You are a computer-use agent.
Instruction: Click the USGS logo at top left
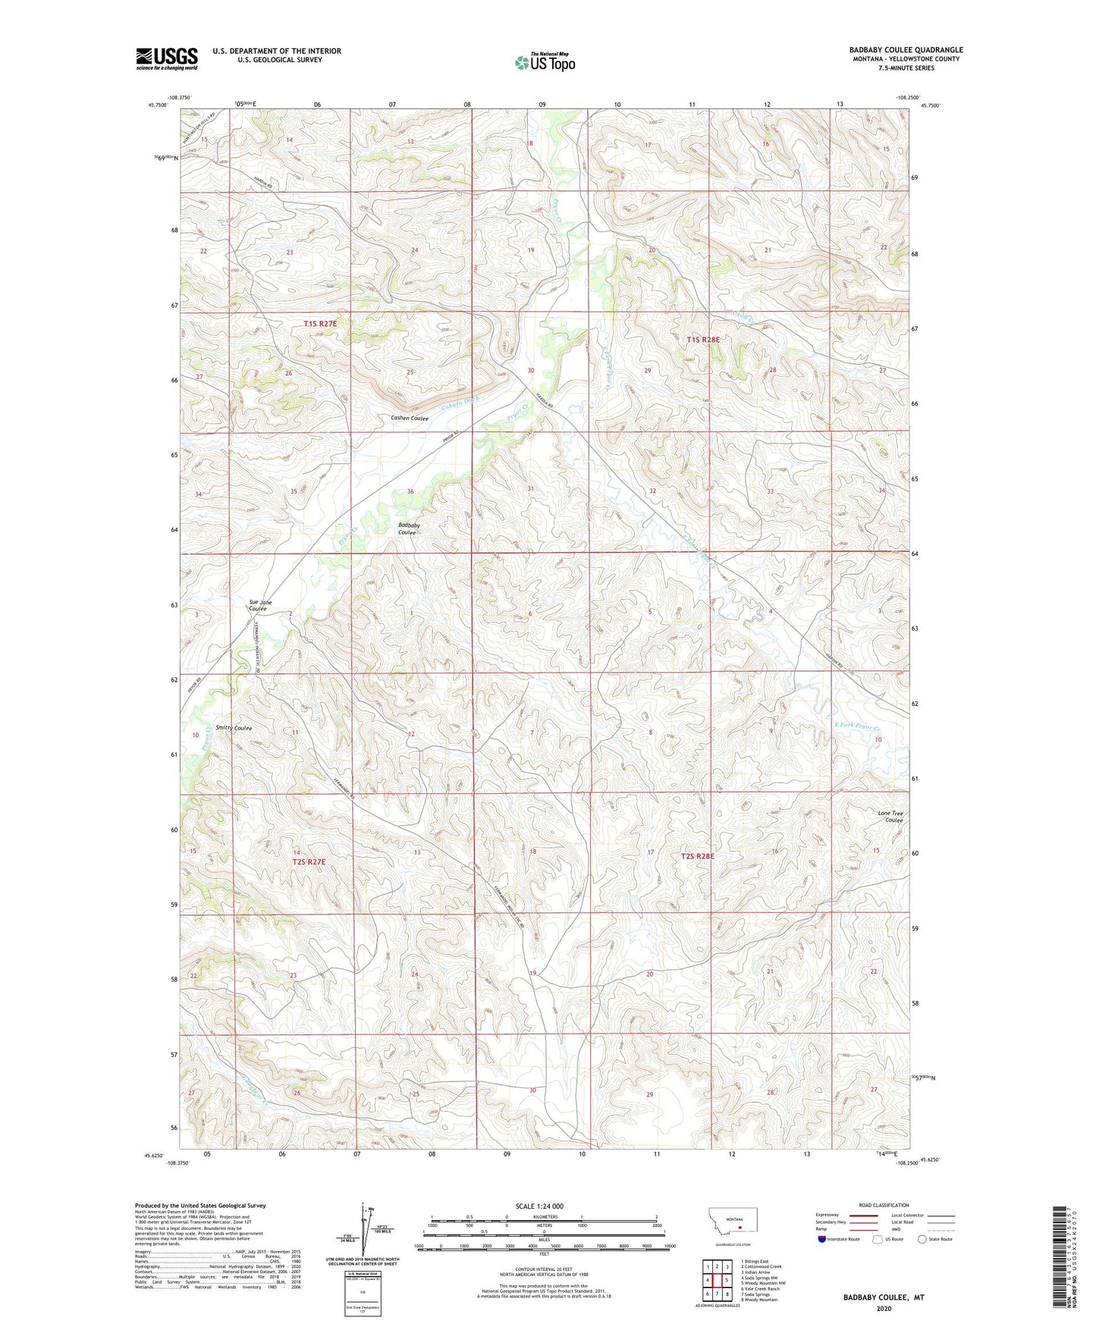click(166, 58)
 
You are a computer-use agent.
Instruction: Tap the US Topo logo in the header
click(545, 61)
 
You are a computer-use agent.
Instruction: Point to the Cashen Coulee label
click(410, 418)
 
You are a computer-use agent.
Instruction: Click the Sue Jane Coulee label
click(260, 605)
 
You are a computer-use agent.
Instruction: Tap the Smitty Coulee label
click(234, 728)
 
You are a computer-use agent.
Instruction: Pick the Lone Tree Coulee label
click(890, 817)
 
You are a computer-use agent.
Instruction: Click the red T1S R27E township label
click(319, 324)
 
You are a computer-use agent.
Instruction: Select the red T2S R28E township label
click(697, 856)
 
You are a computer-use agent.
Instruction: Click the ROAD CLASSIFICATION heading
click(884, 1205)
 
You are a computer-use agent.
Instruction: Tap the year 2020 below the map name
click(884, 1308)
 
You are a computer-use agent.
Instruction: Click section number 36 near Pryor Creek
click(410, 491)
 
